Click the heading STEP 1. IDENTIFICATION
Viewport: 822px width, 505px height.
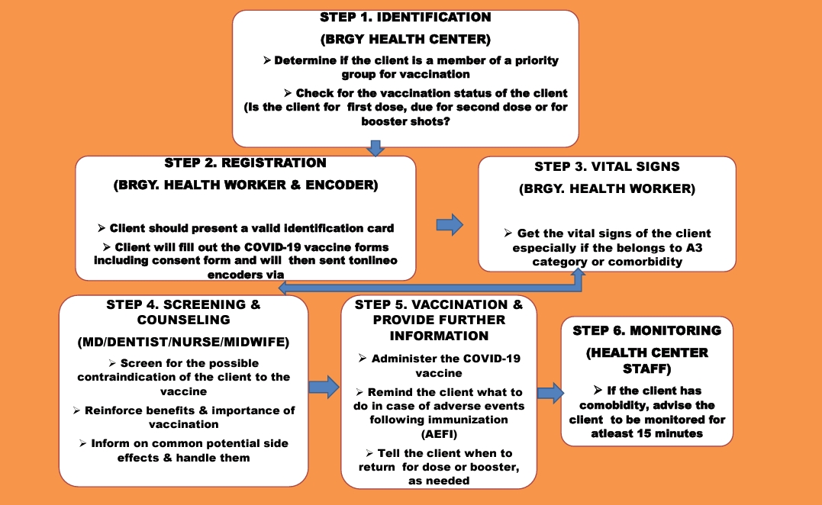point(405,17)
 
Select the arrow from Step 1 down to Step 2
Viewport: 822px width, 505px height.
point(375,148)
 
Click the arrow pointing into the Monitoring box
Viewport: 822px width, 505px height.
point(550,393)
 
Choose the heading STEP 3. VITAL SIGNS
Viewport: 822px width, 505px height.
point(608,167)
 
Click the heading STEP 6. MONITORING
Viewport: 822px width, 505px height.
point(647,330)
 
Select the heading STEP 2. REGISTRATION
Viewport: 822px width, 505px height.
point(246,163)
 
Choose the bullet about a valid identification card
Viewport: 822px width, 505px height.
point(246,228)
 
